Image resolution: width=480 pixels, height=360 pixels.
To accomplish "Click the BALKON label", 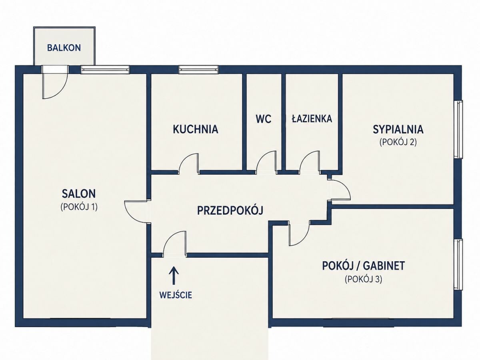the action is click(64, 48).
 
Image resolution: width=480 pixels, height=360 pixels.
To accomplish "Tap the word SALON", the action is click(79, 194).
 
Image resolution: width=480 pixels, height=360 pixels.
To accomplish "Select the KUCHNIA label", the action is click(196, 129).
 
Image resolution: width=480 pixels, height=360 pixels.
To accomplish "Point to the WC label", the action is click(264, 119).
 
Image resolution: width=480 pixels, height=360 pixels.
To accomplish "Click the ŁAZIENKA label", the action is click(312, 118).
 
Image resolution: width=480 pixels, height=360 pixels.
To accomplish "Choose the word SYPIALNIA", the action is click(398, 129).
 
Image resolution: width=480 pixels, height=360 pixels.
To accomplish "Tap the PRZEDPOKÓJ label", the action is click(230, 210).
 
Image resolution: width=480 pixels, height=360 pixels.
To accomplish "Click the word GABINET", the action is click(384, 266).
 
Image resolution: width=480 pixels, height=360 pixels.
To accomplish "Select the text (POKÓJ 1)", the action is click(79, 207).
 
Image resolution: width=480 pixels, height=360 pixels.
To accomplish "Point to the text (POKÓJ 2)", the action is click(398, 142).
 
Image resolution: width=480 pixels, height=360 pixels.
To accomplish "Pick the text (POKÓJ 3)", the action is click(364, 279).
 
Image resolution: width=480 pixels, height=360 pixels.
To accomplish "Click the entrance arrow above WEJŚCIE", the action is click(174, 276).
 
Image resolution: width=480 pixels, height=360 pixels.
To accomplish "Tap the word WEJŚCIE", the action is click(176, 295).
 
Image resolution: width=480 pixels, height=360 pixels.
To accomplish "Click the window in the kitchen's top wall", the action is click(198, 69).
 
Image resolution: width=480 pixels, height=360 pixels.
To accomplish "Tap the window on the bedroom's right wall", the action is click(458, 129).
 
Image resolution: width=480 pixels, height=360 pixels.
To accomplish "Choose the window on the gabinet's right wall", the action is click(458, 264).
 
